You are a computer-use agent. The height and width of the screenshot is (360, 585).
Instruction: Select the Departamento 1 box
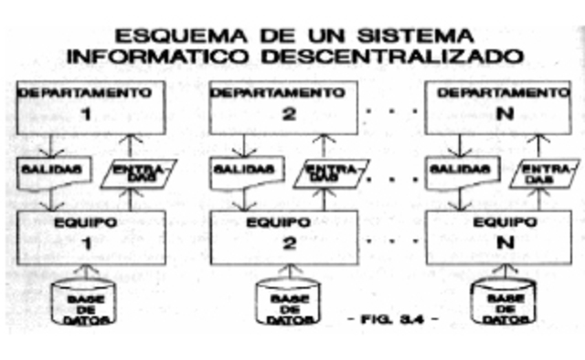point(89,106)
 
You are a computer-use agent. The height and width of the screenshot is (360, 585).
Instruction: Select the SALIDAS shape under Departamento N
point(461,171)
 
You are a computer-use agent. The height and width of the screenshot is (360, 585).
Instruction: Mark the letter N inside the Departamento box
point(499,116)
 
